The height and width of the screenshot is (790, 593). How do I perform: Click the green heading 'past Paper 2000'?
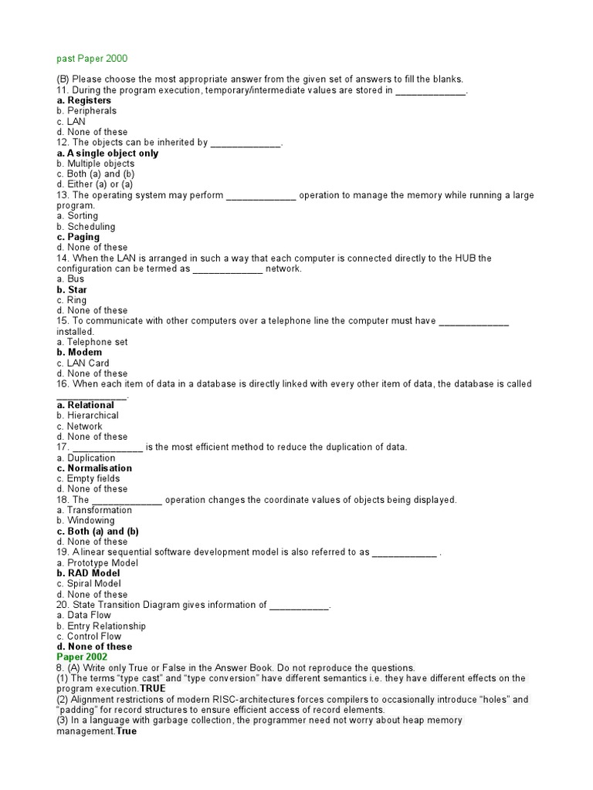pyautogui.click(x=92, y=58)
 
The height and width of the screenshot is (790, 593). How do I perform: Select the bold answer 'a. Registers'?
pyautogui.click(x=83, y=100)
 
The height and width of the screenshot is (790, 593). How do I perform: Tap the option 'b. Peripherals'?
pyautogui.click(x=86, y=111)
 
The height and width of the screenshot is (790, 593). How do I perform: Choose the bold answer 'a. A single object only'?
pyautogui.click(x=107, y=153)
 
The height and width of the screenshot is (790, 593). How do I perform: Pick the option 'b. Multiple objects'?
pyautogui.click(x=95, y=164)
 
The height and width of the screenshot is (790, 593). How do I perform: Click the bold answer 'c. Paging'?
pyautogui.click(x=78, y=237)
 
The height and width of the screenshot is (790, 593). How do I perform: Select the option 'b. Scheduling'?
pyautogui.click(x=86, y=227)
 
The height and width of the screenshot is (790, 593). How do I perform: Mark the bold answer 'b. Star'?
pyautogui.click(x=72, y=290)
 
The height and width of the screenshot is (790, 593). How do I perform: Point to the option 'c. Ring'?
pyautogui.click(x=72, y=300)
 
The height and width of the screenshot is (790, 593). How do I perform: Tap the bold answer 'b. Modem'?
pyautogui.click(x=79, y=353)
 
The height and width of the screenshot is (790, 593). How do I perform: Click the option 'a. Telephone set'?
pyautogui.click(x=92, y=342)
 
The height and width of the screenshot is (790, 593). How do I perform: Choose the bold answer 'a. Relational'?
pyautogui.click(x=85, y=405)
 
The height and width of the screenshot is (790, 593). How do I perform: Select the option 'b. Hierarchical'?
pyautogui.click(x=87, y=415)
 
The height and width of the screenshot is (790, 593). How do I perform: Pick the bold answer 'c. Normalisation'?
pyautogui.click(x=94, y=468)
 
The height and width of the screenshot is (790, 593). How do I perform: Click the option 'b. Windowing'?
pyautogui.click(x=85, y=521)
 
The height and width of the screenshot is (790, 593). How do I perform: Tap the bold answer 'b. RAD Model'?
pyautogui.click(x=88, y=573)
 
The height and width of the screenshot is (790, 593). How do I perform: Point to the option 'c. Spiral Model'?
pyautogui.click(x=88, y=584)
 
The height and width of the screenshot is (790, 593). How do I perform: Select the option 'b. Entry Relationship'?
pyautogui.click(x=100, y=626)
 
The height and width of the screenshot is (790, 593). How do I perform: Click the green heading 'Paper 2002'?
pyautogui.click(x=81, y=657)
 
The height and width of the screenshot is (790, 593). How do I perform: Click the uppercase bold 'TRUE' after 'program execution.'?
pyautogui.click(x=153, y=688)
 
